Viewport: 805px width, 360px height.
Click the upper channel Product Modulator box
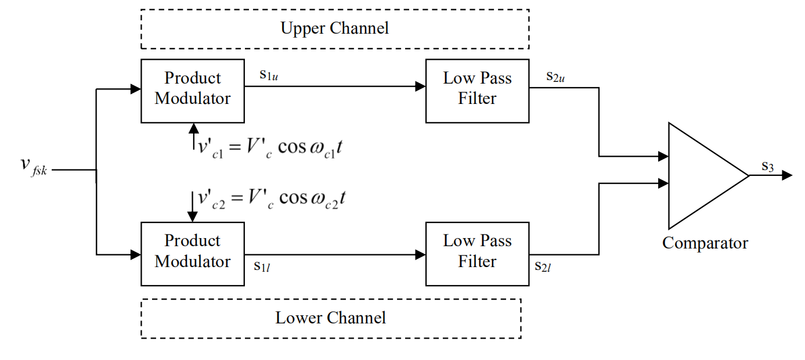[x=192, y=91]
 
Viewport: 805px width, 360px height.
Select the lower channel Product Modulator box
[x=192, y=253]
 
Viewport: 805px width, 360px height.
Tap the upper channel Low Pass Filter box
[x=477, y=91]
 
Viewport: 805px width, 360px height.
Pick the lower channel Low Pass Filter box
[x=477, y=253]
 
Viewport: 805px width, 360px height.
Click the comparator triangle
[x=702, y=175]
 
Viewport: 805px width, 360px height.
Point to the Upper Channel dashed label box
[x=335, y=28]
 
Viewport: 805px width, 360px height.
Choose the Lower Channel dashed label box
[x=330, y=318]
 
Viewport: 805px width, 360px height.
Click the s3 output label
[x=767, y=167]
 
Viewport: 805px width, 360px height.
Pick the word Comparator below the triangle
[x=705, y=243]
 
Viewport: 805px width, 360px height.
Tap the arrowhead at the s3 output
[x=787, y=175]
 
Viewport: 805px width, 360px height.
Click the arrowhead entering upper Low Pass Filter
[x=420, y=87]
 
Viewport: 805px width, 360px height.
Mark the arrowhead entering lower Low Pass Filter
[x=420, y=254]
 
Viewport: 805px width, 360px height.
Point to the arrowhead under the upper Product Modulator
[x=193, y=128]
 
